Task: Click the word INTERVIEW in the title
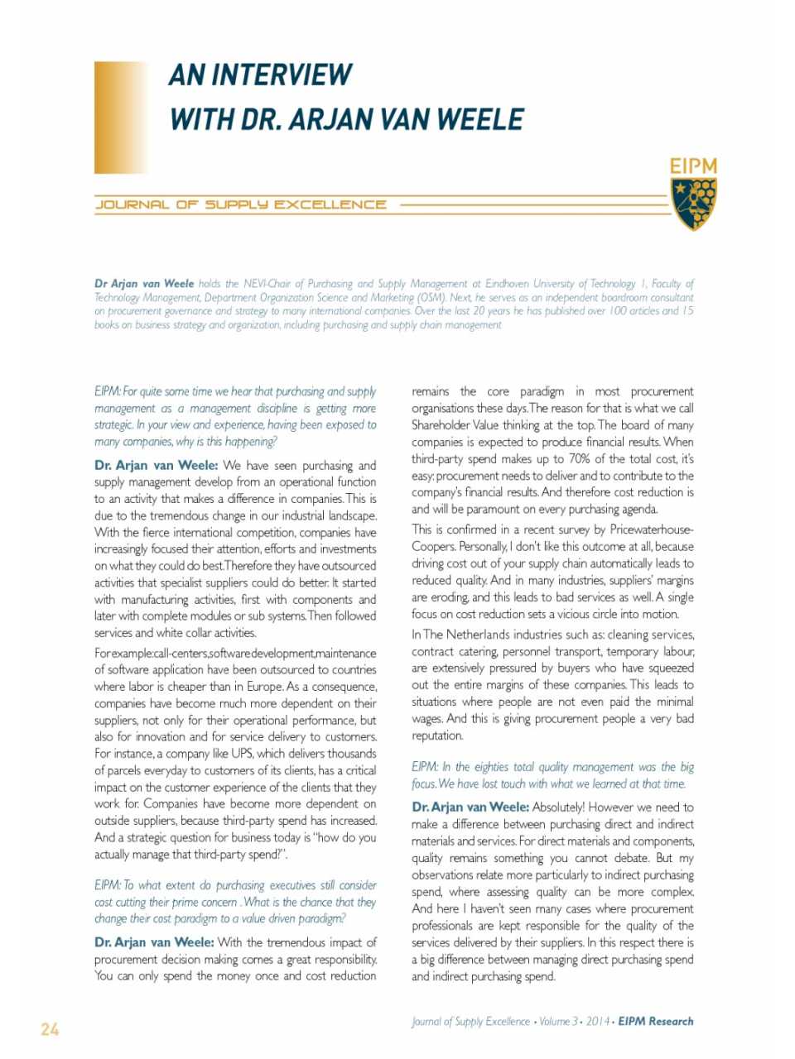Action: [x=282, y=75]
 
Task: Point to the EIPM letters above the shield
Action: [x=693, y=166]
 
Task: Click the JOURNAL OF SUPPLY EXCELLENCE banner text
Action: [x=241, y=204]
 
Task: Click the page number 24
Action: [x=50, y=1029]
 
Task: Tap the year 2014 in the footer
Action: [x=598, y=1022]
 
